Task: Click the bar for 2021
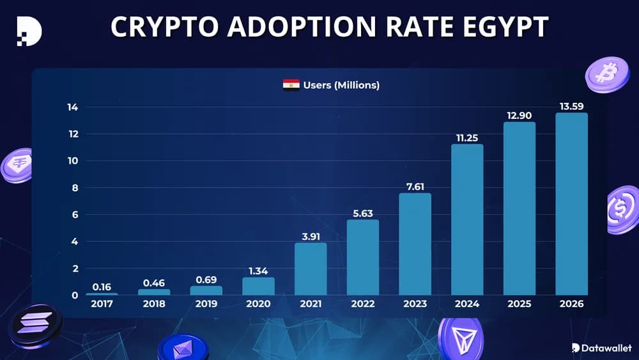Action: point(311,269)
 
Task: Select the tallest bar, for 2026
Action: point(571,204)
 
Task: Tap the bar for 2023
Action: point(415,244)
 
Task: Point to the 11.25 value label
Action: point(467,137)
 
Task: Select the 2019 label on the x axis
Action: point(206,304)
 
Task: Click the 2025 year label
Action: point(519,304)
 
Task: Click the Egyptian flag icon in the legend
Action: point(291,85)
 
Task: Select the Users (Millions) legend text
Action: point(341,85)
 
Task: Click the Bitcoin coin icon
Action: point(606,74)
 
